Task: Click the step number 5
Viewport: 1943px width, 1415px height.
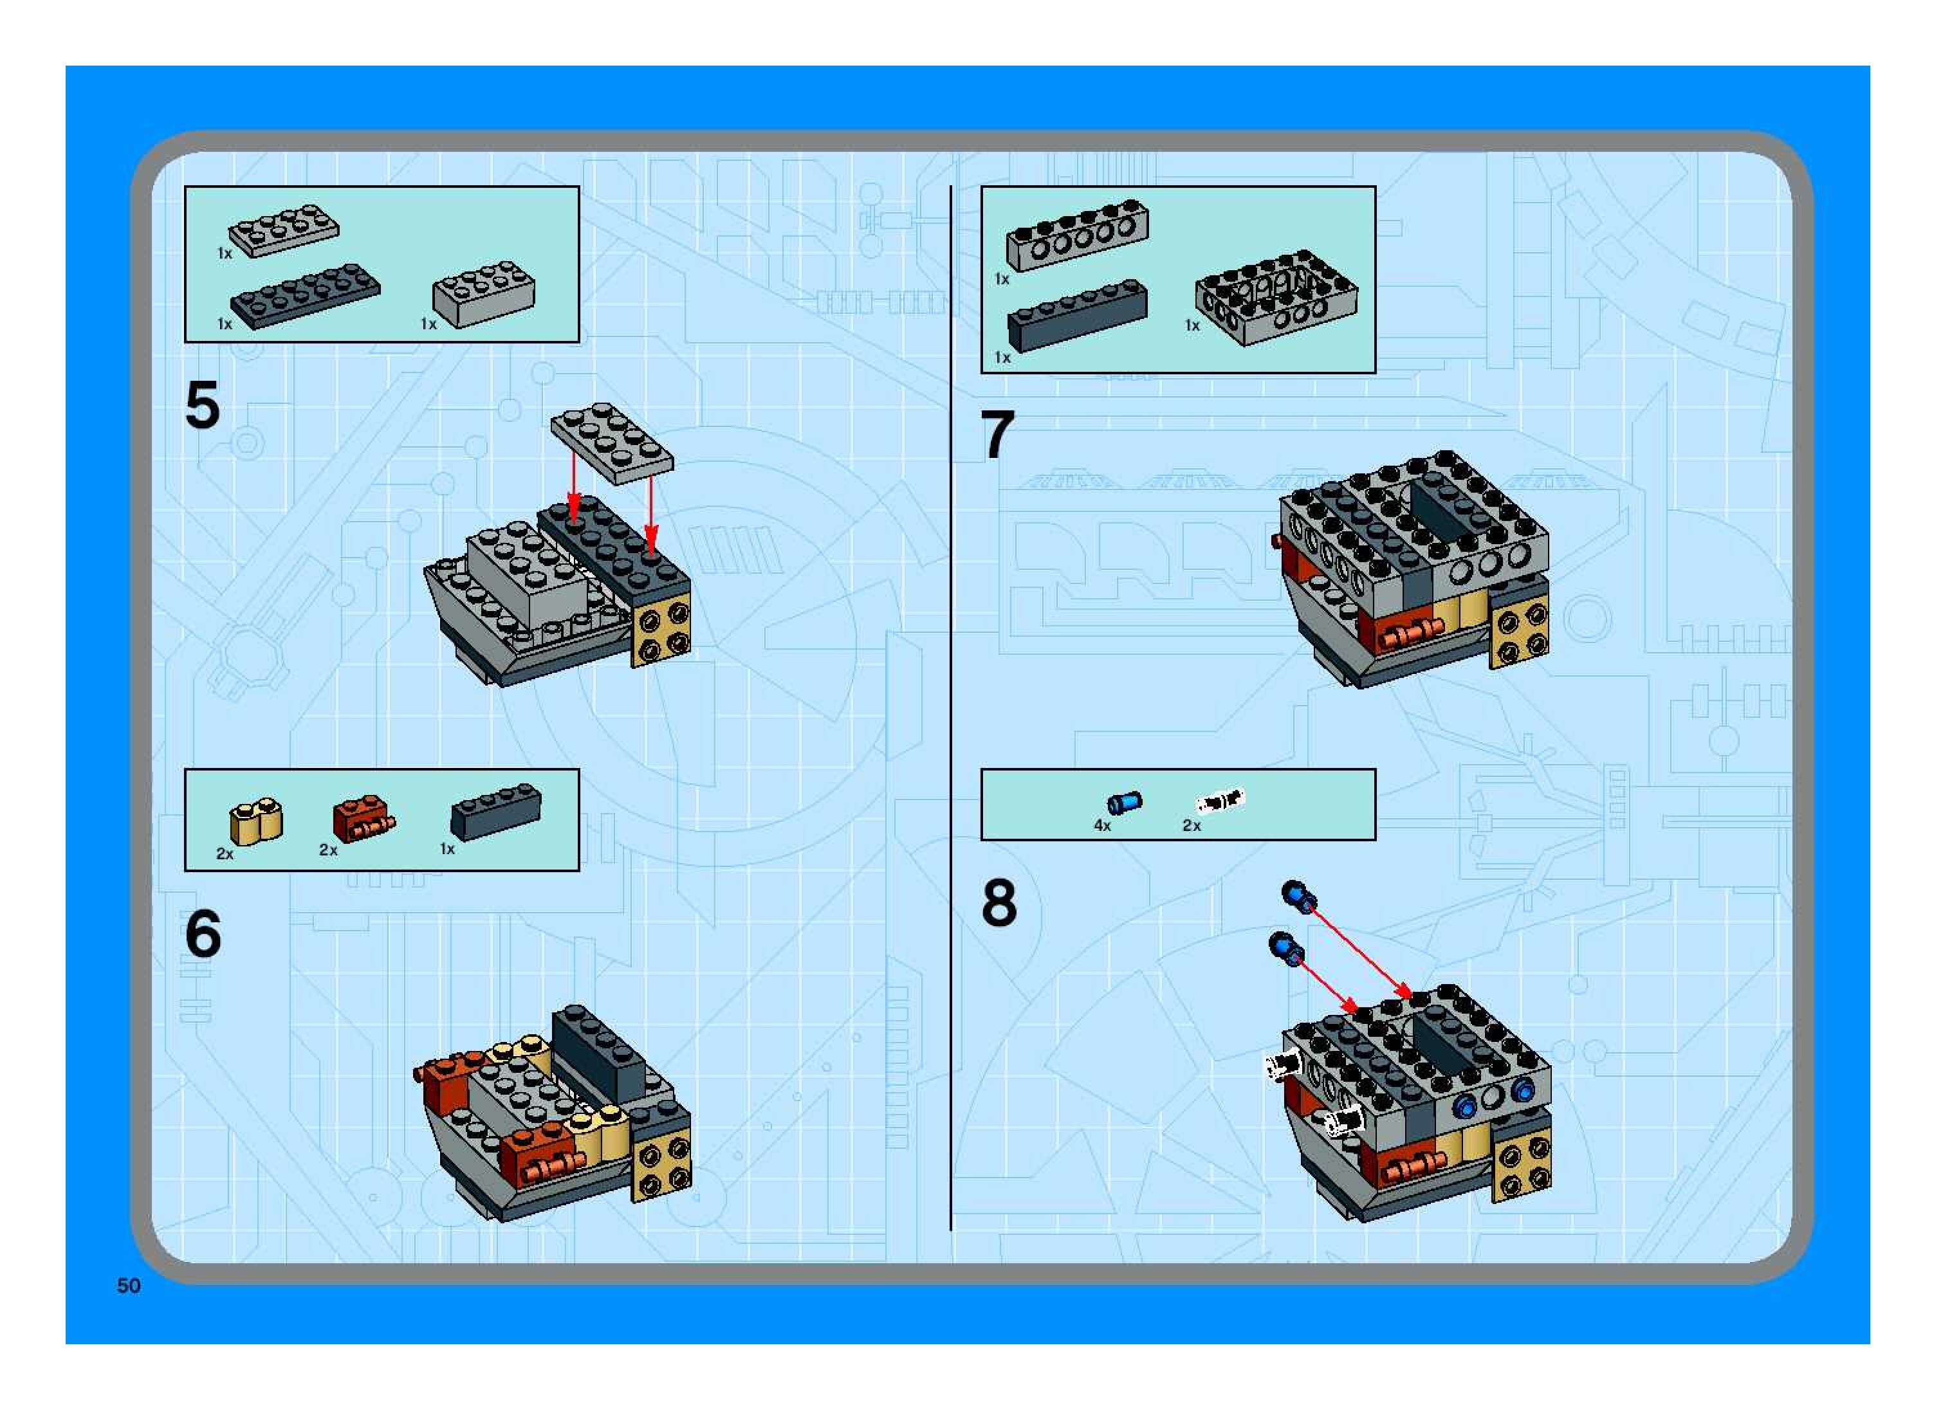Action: pyautogui.click(x=203, y=405)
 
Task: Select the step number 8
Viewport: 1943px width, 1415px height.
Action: pyautogui.click(x=999, y=903)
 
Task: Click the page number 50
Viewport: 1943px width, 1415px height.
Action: pyautogui.click(x=129, y=1286)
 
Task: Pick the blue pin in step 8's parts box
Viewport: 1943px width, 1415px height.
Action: pyautogui.click(x=1124, y=803)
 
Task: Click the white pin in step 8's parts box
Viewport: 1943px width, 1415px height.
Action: pyautogui.click(x=1220, y=801)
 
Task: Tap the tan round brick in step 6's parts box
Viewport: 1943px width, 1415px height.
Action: pyautogui.click(x=256, y=822)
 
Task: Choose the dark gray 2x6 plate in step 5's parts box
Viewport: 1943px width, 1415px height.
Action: pyautogui.click(x=305, y=295)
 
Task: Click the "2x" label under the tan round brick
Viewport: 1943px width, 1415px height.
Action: pyautogui.click(x=225, y=854)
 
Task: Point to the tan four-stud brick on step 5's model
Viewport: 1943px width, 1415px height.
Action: pyautogui.click(x=661, y=628)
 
